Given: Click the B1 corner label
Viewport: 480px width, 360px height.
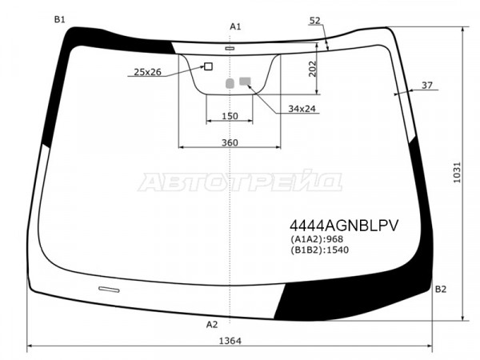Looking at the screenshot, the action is click(x=60, y=19).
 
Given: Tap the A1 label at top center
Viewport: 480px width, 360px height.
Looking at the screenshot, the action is click(x=235, y=26).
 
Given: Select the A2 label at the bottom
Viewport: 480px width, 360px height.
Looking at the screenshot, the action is click(x=211, y=325).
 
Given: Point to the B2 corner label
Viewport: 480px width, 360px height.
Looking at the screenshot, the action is click(x=441, y=289).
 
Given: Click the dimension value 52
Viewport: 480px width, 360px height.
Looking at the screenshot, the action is click(x=314, y=21).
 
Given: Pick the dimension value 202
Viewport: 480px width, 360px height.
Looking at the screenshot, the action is click(x=312, y=69).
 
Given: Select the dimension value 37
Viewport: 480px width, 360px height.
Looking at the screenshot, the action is click(x=427, y=85).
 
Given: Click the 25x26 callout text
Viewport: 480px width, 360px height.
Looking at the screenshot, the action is click(x=147, y=72).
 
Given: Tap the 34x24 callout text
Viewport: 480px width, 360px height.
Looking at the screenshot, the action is click(x=302, y=109).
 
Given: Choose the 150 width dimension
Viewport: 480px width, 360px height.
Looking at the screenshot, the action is click(x=230, y=116).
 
